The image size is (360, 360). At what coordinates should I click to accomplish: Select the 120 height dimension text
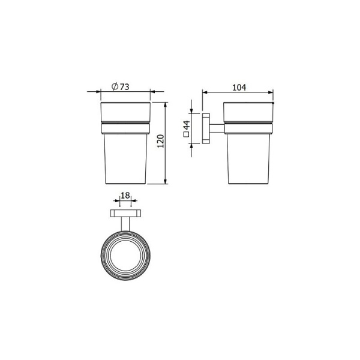160,142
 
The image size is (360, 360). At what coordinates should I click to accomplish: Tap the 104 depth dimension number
238,86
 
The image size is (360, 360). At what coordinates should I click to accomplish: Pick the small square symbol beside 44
187,137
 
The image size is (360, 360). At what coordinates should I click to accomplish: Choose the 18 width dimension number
125,196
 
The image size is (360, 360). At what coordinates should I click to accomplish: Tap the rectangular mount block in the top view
125,213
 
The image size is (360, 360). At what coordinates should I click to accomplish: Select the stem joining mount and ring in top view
125,223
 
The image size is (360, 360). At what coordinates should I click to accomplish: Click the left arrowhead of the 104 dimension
205,92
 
